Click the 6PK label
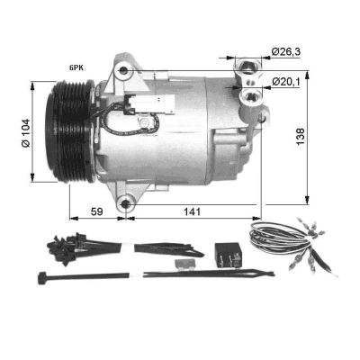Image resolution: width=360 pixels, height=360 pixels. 76,68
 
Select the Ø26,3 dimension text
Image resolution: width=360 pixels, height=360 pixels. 285,51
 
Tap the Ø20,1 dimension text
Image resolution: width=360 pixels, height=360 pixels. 286,81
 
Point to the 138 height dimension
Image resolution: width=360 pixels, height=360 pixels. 300,137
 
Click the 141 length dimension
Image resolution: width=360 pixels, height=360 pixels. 192,211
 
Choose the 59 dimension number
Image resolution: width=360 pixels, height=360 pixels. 96,211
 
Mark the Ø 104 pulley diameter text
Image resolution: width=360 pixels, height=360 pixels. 26,133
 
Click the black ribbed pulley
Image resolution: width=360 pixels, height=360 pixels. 71,131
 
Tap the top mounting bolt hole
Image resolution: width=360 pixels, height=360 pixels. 123,71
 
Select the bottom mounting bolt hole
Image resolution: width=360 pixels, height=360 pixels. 126,204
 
